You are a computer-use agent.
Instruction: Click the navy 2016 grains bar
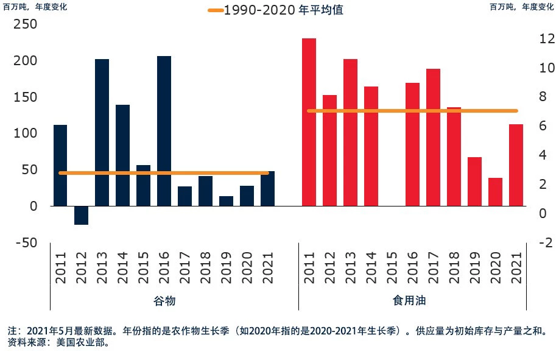[x=164, y=130]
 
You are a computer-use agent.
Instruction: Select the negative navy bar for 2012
[x=81, y=215]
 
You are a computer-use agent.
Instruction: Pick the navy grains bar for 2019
[x=226, y=201]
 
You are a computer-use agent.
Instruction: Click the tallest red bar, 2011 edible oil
[x=309, y=122]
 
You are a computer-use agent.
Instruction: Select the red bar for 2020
[x=495, y=192]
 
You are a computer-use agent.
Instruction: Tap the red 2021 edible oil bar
[x=516, y=164]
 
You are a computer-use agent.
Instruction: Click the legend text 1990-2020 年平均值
[x=284, y=10]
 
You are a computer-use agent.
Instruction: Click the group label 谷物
[x=164, y=301]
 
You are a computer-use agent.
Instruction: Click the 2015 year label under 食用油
[x=392, y=269]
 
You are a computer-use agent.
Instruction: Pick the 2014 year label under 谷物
[x=122, y=269]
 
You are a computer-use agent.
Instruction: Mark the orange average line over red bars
[x=412, y=111]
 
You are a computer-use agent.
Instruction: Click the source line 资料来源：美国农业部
[x=58, y=343]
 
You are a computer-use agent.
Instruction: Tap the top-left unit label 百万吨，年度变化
[x=35, y=7]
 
